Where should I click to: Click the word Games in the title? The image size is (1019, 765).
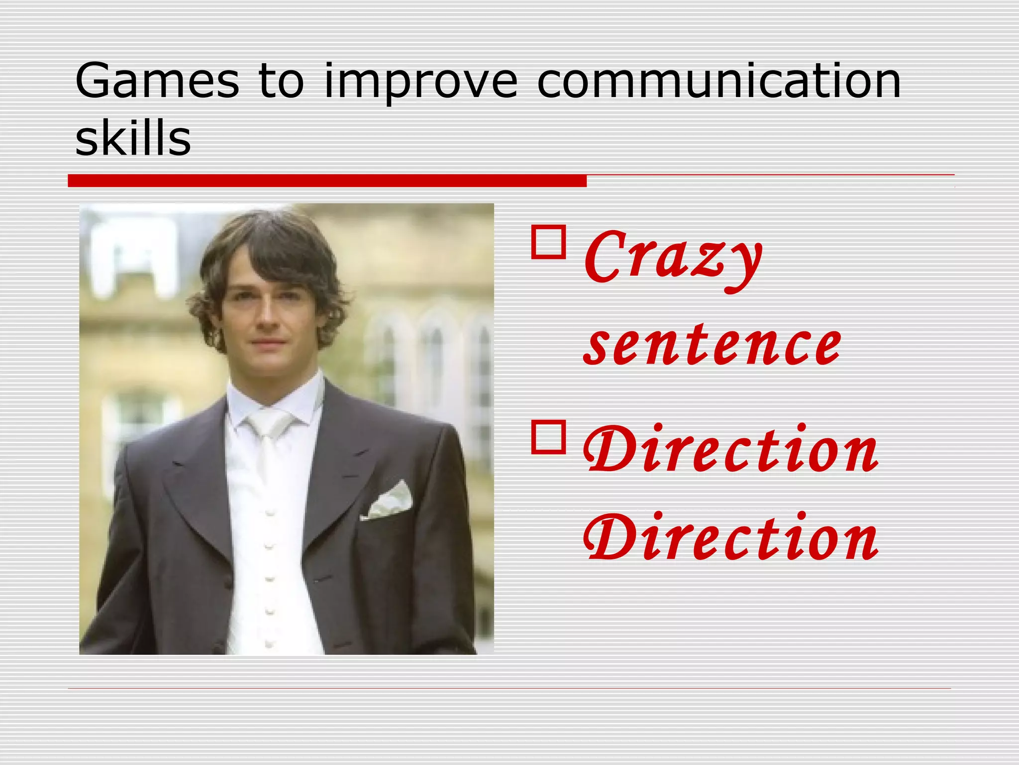coord(157,81)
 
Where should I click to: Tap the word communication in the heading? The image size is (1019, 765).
coord(719,81)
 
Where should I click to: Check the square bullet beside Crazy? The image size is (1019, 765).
coord(548,242)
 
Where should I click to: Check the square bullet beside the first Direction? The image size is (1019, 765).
coord(548,437)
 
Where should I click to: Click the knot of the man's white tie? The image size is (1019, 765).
coord(269,423)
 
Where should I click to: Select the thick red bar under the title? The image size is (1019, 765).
coord(327,181)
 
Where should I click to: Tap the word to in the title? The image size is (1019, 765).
coord(281,81)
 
